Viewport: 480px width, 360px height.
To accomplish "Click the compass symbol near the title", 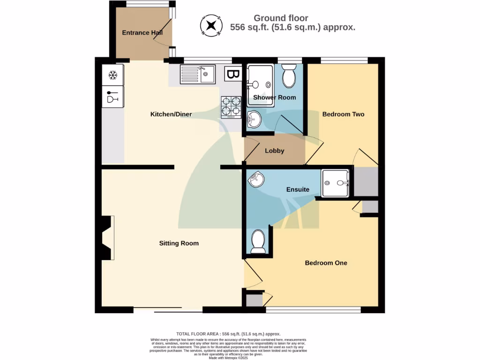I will [x=211, y=25].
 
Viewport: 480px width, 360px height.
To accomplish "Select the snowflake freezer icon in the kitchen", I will [x=112, y=75].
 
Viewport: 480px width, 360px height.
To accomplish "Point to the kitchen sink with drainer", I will [x=197, y=74].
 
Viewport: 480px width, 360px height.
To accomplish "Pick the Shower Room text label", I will [x=274, y=97].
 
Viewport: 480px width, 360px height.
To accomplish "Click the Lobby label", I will [x=274, y=151].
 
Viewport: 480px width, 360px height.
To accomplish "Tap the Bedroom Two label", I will [x=343, y=114].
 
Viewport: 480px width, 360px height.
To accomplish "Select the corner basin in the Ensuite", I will [x=256, y=180].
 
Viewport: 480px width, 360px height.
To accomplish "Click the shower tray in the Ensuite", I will [x=336, y=183].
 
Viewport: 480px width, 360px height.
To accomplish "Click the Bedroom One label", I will [x=326, y=263].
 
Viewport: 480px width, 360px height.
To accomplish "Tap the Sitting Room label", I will [x=179, y=243].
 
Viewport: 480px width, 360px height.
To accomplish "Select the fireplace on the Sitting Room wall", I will [x=107, y=238].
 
